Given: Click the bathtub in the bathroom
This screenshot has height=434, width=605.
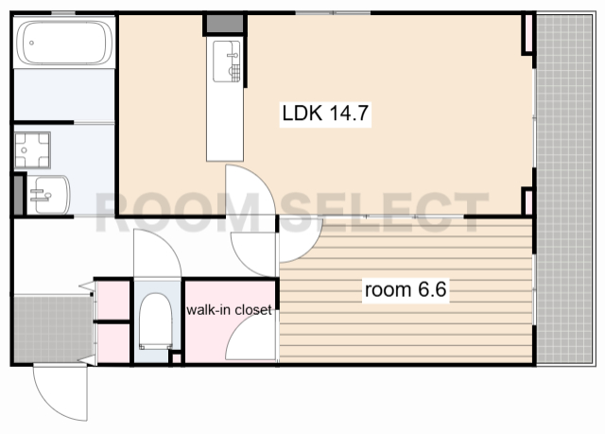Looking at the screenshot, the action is tap(64, 42).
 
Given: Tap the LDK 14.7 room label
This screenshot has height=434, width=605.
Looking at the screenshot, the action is tap(325, 113).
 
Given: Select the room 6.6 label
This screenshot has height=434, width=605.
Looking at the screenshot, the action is tap(406, 289).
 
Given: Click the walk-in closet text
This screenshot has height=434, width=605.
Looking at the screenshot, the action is tap(229, 310).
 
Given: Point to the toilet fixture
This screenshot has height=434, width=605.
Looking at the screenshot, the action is tap(155, 321).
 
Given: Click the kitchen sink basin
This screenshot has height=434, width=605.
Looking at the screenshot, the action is tap(227, 61).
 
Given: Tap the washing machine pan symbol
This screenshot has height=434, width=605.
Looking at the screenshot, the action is tap(32, 149).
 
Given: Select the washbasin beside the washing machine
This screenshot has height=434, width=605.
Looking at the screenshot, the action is tap(48, 195).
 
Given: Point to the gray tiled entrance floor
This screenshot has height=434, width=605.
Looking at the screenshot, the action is tap(53, 329).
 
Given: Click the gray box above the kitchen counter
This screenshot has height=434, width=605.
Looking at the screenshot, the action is tap(225, 24).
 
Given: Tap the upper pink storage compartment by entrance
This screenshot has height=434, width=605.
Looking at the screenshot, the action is tap(113, 301).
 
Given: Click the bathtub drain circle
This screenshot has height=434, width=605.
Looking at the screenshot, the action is tap(31, 43).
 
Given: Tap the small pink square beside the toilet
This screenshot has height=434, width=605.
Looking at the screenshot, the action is tap(177, 358).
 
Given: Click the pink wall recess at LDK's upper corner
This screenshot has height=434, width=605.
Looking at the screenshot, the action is tap(527, 33).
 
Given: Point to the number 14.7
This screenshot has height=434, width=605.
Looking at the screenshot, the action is tap(349, 113).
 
